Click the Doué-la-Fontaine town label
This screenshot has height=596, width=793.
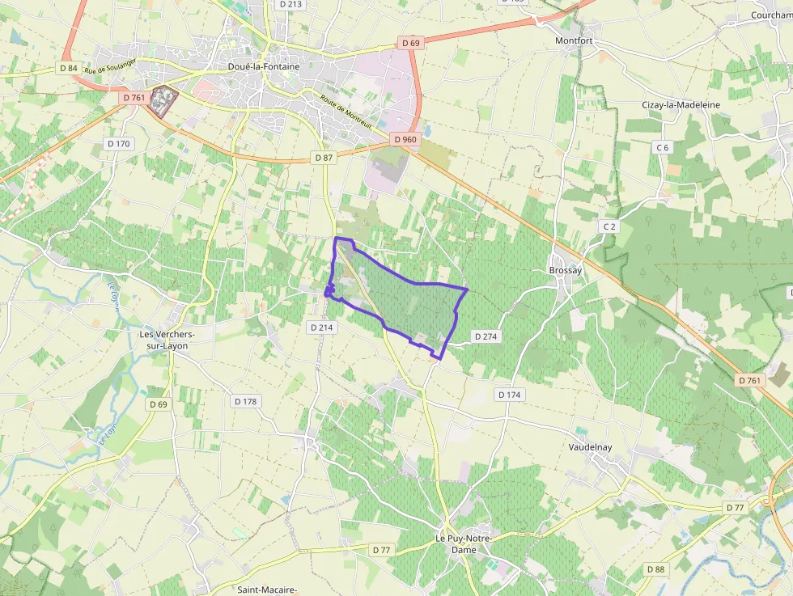[264, 67]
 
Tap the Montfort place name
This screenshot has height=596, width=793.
[574, 40]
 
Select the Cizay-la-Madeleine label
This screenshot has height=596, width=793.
[681, 105]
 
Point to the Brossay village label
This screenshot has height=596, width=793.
[566, 270]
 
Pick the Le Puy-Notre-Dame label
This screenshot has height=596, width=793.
[464, 543]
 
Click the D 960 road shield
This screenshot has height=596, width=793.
[405, 140]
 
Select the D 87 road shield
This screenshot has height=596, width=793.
[324, 158]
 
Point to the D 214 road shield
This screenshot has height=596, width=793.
[321, 328]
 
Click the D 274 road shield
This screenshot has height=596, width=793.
[486, 336]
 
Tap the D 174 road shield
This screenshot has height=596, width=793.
[509, 395]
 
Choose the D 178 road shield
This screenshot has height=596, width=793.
[245, 401]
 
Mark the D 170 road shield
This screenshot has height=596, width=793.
[118, 144]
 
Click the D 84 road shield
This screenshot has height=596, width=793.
[68, 68]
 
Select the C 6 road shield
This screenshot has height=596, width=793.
[663, 147]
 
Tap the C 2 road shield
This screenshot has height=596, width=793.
[609, 227]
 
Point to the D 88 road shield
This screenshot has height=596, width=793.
[656, 569]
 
